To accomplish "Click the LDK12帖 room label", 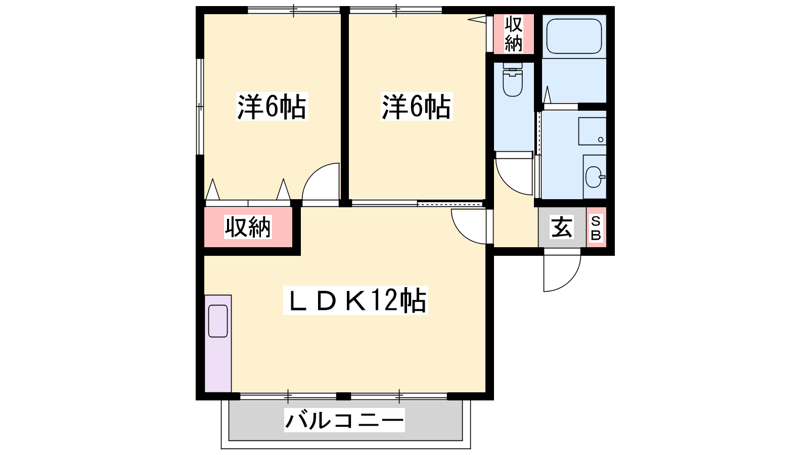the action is (356, 300).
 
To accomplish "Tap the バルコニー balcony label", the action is (344, 420).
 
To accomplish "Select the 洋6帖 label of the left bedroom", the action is (272, 107).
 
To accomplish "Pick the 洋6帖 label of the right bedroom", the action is (417, 107).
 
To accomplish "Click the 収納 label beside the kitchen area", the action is (248, 227).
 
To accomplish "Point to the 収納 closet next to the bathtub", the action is (514, 34).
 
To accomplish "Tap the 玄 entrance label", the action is (562, 227).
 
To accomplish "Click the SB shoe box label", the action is (596, 228).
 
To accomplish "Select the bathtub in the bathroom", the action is (574, 36).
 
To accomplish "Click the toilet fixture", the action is (513, 80).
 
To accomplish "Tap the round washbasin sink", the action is (594, 177).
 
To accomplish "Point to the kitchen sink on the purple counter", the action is (218, 321).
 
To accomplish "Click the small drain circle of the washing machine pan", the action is (601, 140).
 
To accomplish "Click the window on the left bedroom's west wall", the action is (200, 107).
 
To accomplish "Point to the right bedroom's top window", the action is (396, 10).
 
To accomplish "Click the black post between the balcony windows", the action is (343, 396).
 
